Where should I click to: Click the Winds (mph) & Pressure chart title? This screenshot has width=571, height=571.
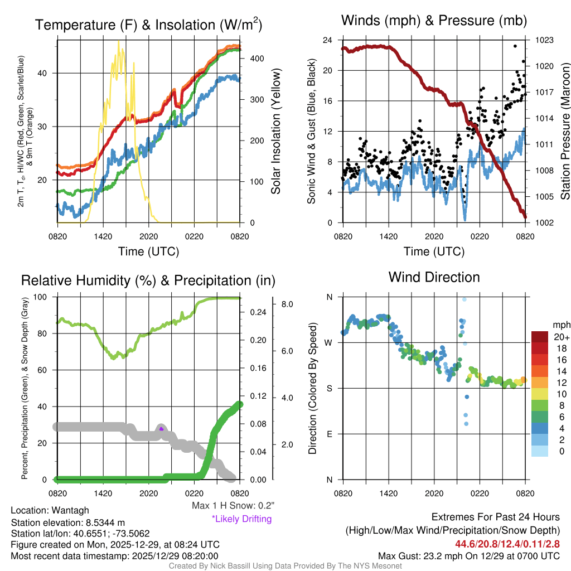click(x=434, y=21)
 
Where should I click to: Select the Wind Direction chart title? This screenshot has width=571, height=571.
click(x=434, y=277)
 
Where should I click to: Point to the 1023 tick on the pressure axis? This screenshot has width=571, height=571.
click(x=543, y=40)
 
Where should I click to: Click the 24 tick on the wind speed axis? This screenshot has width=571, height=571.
click(x=328, y=40)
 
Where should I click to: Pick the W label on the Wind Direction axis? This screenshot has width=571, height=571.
click(x=329, y=342)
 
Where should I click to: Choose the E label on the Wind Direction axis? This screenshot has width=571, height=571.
click(x=329, y=434)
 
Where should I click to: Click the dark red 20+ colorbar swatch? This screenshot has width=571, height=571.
click(x=540, y=337)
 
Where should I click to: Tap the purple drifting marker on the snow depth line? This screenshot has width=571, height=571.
click(x=161, y=429)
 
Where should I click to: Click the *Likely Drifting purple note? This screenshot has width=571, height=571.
click(x=241, y=519)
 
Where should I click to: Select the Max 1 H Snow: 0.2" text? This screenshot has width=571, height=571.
click(x=233, y=506)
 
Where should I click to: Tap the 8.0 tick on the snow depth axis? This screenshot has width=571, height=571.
click(x=288, y=304)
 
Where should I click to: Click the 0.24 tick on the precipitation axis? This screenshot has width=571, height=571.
click(x=257, y=312)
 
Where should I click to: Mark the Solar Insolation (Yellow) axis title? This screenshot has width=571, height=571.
click(x=276, y=132)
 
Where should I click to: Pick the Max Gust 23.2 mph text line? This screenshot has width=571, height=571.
click(x=469, y=556)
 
